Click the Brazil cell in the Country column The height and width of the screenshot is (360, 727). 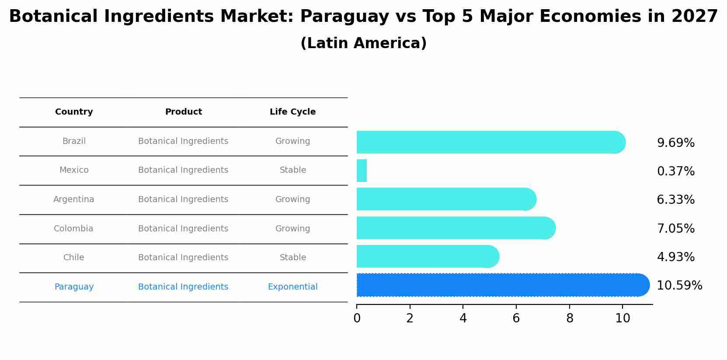pyautogui.click(x=74, y=141)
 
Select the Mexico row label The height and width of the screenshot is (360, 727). pyautogui.click(x=74, y=170)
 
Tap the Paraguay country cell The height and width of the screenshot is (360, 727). pyautogui.click(x=74, y=287)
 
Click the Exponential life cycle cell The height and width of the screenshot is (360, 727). pyautogui.click(x=292, y=287)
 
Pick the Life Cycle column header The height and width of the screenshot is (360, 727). pyautogui.click(x=292, y=112)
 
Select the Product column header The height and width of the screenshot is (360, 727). pyautogui.click(x=183, y=112)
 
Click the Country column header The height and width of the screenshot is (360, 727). pyautogui.click(x=74, y=112)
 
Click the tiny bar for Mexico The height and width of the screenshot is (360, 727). pyautogui.click(x=362, y=171)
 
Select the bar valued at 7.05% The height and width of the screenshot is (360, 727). pyautogui.click(x=455, y=228)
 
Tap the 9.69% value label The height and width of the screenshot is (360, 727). pyautogui.click(x=675, y=143)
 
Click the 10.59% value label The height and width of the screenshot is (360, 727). pyautogui.click(x=679, y=286)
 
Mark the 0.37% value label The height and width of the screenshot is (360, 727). pyautogui.click(x=675, y=171)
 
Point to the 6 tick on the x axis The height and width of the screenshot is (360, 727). pyautogui.click(x=516, y=318)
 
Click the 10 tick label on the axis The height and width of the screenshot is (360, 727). pyautogui.click(x=623, y=318)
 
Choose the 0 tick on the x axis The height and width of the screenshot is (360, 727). pyautogui.click(x=357, y=318)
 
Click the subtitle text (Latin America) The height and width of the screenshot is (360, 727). pyautogui.click(x=363, y=43)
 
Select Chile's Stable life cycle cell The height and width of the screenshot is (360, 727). pyautogui.click(x=292, y=258)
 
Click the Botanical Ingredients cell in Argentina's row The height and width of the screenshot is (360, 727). pyautogui.click(x=183, y=199)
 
